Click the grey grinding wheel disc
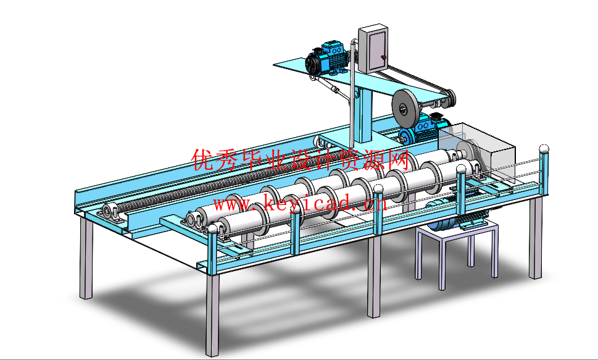(x=405, y=107)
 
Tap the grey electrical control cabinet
(x=373, y=49)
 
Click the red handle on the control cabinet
(x=383, y=57)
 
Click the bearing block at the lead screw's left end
(x=113, y=212)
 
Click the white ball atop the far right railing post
(x=544, y=148)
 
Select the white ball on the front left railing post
(x=212, y=230)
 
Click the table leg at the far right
(x=536, y=237)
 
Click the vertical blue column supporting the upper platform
(x=364, y=114)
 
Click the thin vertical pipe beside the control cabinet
(x=352, y=91)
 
